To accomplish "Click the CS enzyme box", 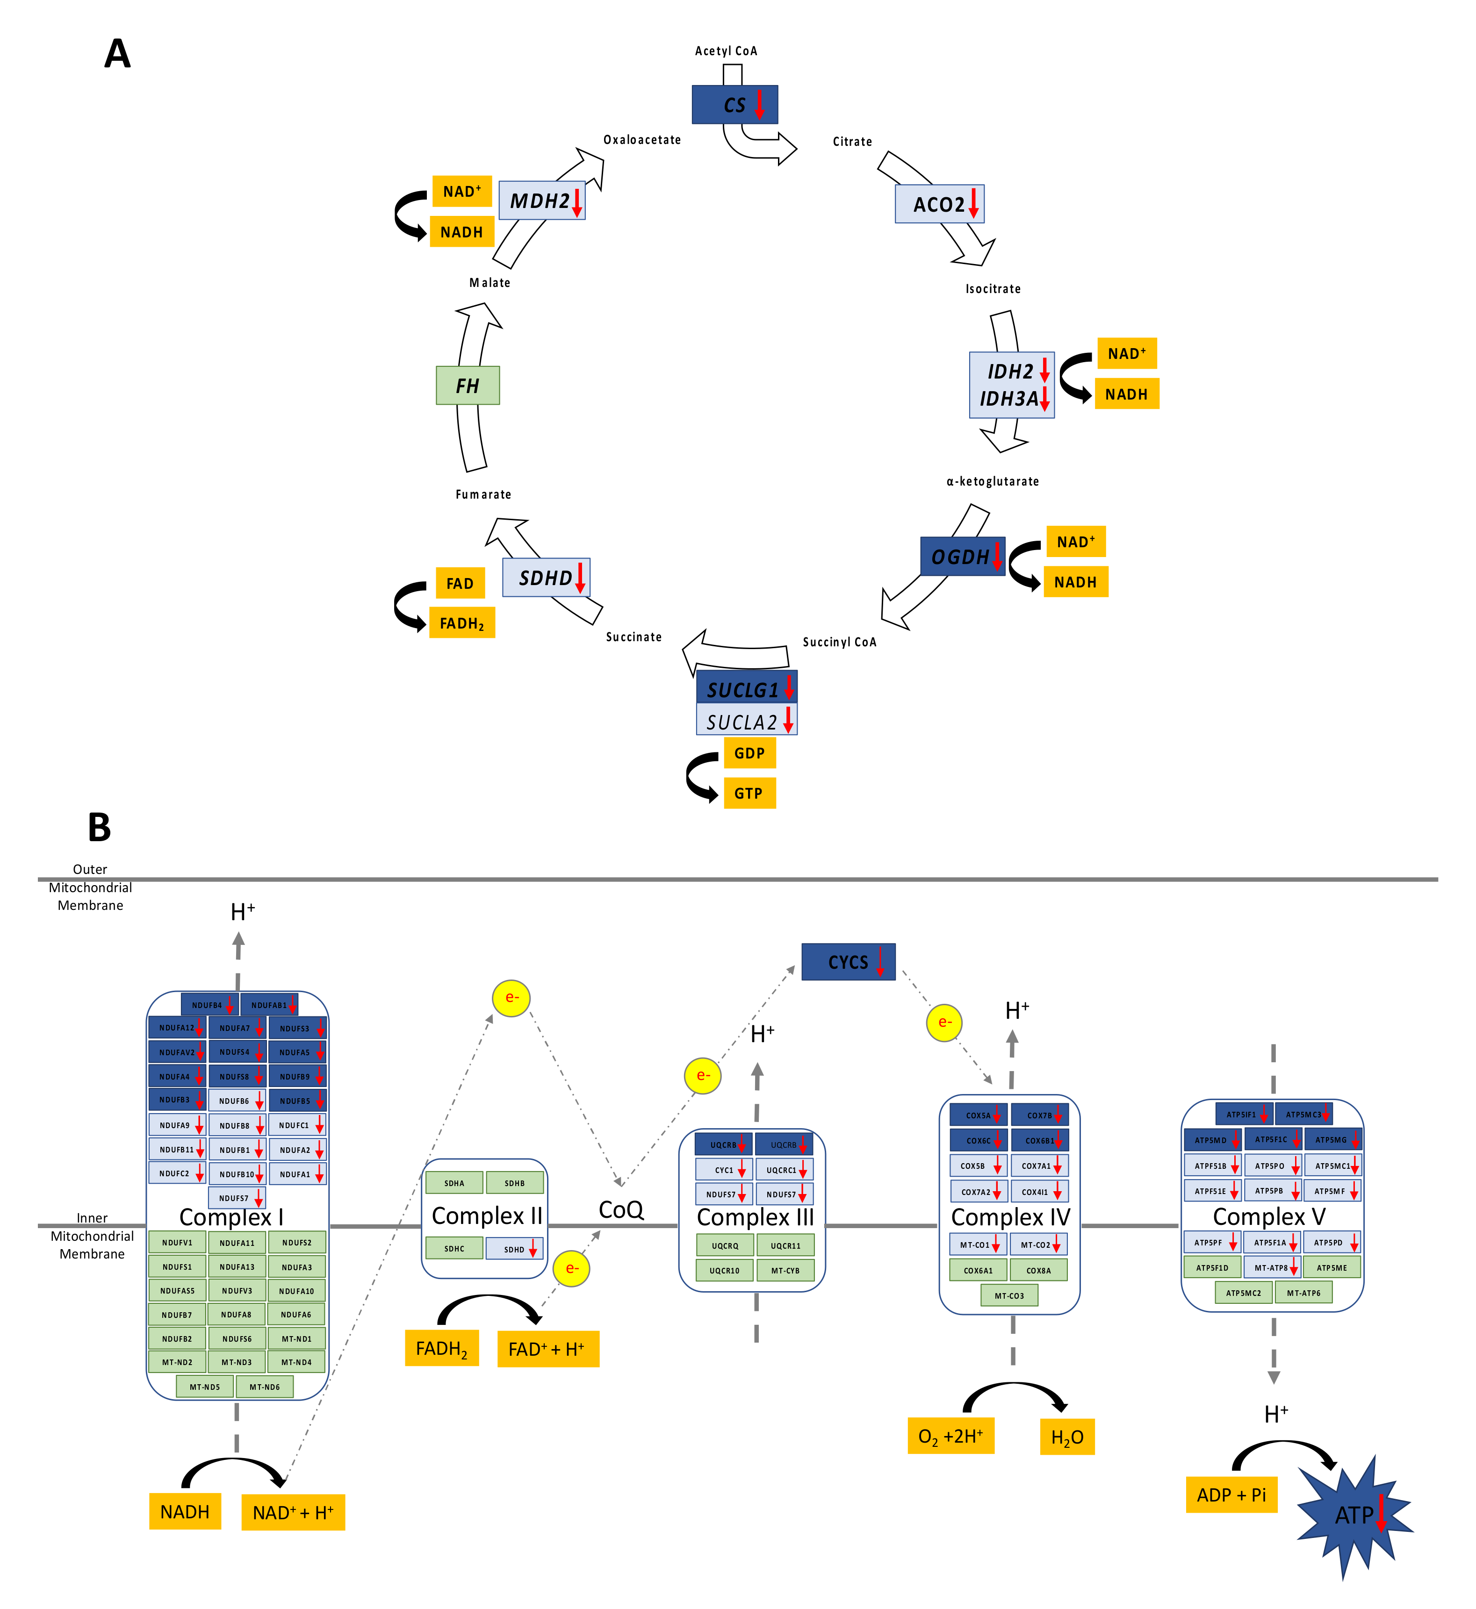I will click(734, 105).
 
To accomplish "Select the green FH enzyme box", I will click(467, 386).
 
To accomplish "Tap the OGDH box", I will click(962, 557).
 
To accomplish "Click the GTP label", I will click(749, 793).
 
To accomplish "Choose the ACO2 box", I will click(938, 204).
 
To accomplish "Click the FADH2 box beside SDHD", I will click(461, 623).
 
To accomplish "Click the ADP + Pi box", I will click(1231, 1495).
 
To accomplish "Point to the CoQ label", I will click(620, 1210).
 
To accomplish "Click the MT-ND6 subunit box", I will click(264, 1387).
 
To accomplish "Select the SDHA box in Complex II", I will click(454, 1183).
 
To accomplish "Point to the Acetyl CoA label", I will click(725, 51).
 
